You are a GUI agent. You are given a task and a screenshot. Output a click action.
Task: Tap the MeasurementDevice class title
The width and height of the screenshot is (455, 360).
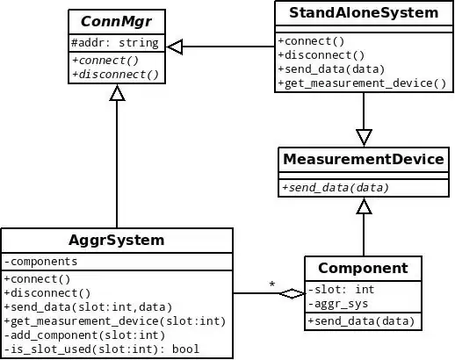point(363,159)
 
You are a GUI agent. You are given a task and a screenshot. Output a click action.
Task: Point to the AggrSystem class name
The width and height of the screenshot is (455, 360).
point(117,240)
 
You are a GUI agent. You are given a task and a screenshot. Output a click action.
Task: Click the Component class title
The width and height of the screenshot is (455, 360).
point(363,268)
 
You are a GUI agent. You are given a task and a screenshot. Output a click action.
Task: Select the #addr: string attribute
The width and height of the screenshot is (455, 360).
point(115,42)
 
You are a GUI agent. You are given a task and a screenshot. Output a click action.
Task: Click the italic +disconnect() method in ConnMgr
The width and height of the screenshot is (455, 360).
point(115,74)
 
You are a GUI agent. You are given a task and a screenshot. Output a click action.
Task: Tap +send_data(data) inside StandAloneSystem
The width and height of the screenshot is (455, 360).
point(335,69)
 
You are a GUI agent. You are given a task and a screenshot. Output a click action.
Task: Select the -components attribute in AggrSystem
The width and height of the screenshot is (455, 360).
point(41,261)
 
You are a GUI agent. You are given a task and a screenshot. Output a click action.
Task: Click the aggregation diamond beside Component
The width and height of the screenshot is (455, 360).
point(292,293)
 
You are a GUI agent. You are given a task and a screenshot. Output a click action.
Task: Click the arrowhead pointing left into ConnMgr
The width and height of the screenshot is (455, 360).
point(175,47)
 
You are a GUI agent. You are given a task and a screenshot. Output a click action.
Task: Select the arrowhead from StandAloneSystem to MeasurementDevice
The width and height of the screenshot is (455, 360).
point(364,137)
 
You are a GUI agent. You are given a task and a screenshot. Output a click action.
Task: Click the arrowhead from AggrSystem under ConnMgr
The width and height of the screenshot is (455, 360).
point(117,97)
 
